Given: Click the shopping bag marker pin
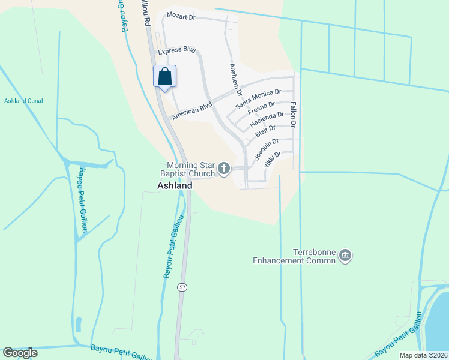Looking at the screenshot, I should tap(165, 77).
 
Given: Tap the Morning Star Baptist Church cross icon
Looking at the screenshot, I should tap(224, 169).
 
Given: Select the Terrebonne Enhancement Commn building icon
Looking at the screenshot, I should tap(345, 256).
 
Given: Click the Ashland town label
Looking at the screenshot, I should tap(175, 186).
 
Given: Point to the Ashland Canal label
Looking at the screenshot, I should tap(22, 101).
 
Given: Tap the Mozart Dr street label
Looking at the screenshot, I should tap(181, 17).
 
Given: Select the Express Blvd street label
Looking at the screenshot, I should tap(178, 52).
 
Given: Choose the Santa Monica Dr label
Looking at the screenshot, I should tap(258, 99).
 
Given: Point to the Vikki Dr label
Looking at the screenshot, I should tap(272, 159).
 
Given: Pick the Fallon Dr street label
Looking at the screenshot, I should tap(293, 115).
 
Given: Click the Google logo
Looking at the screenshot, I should tap(20, 353).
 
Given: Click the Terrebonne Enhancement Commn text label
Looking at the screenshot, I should tap(295, 256).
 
